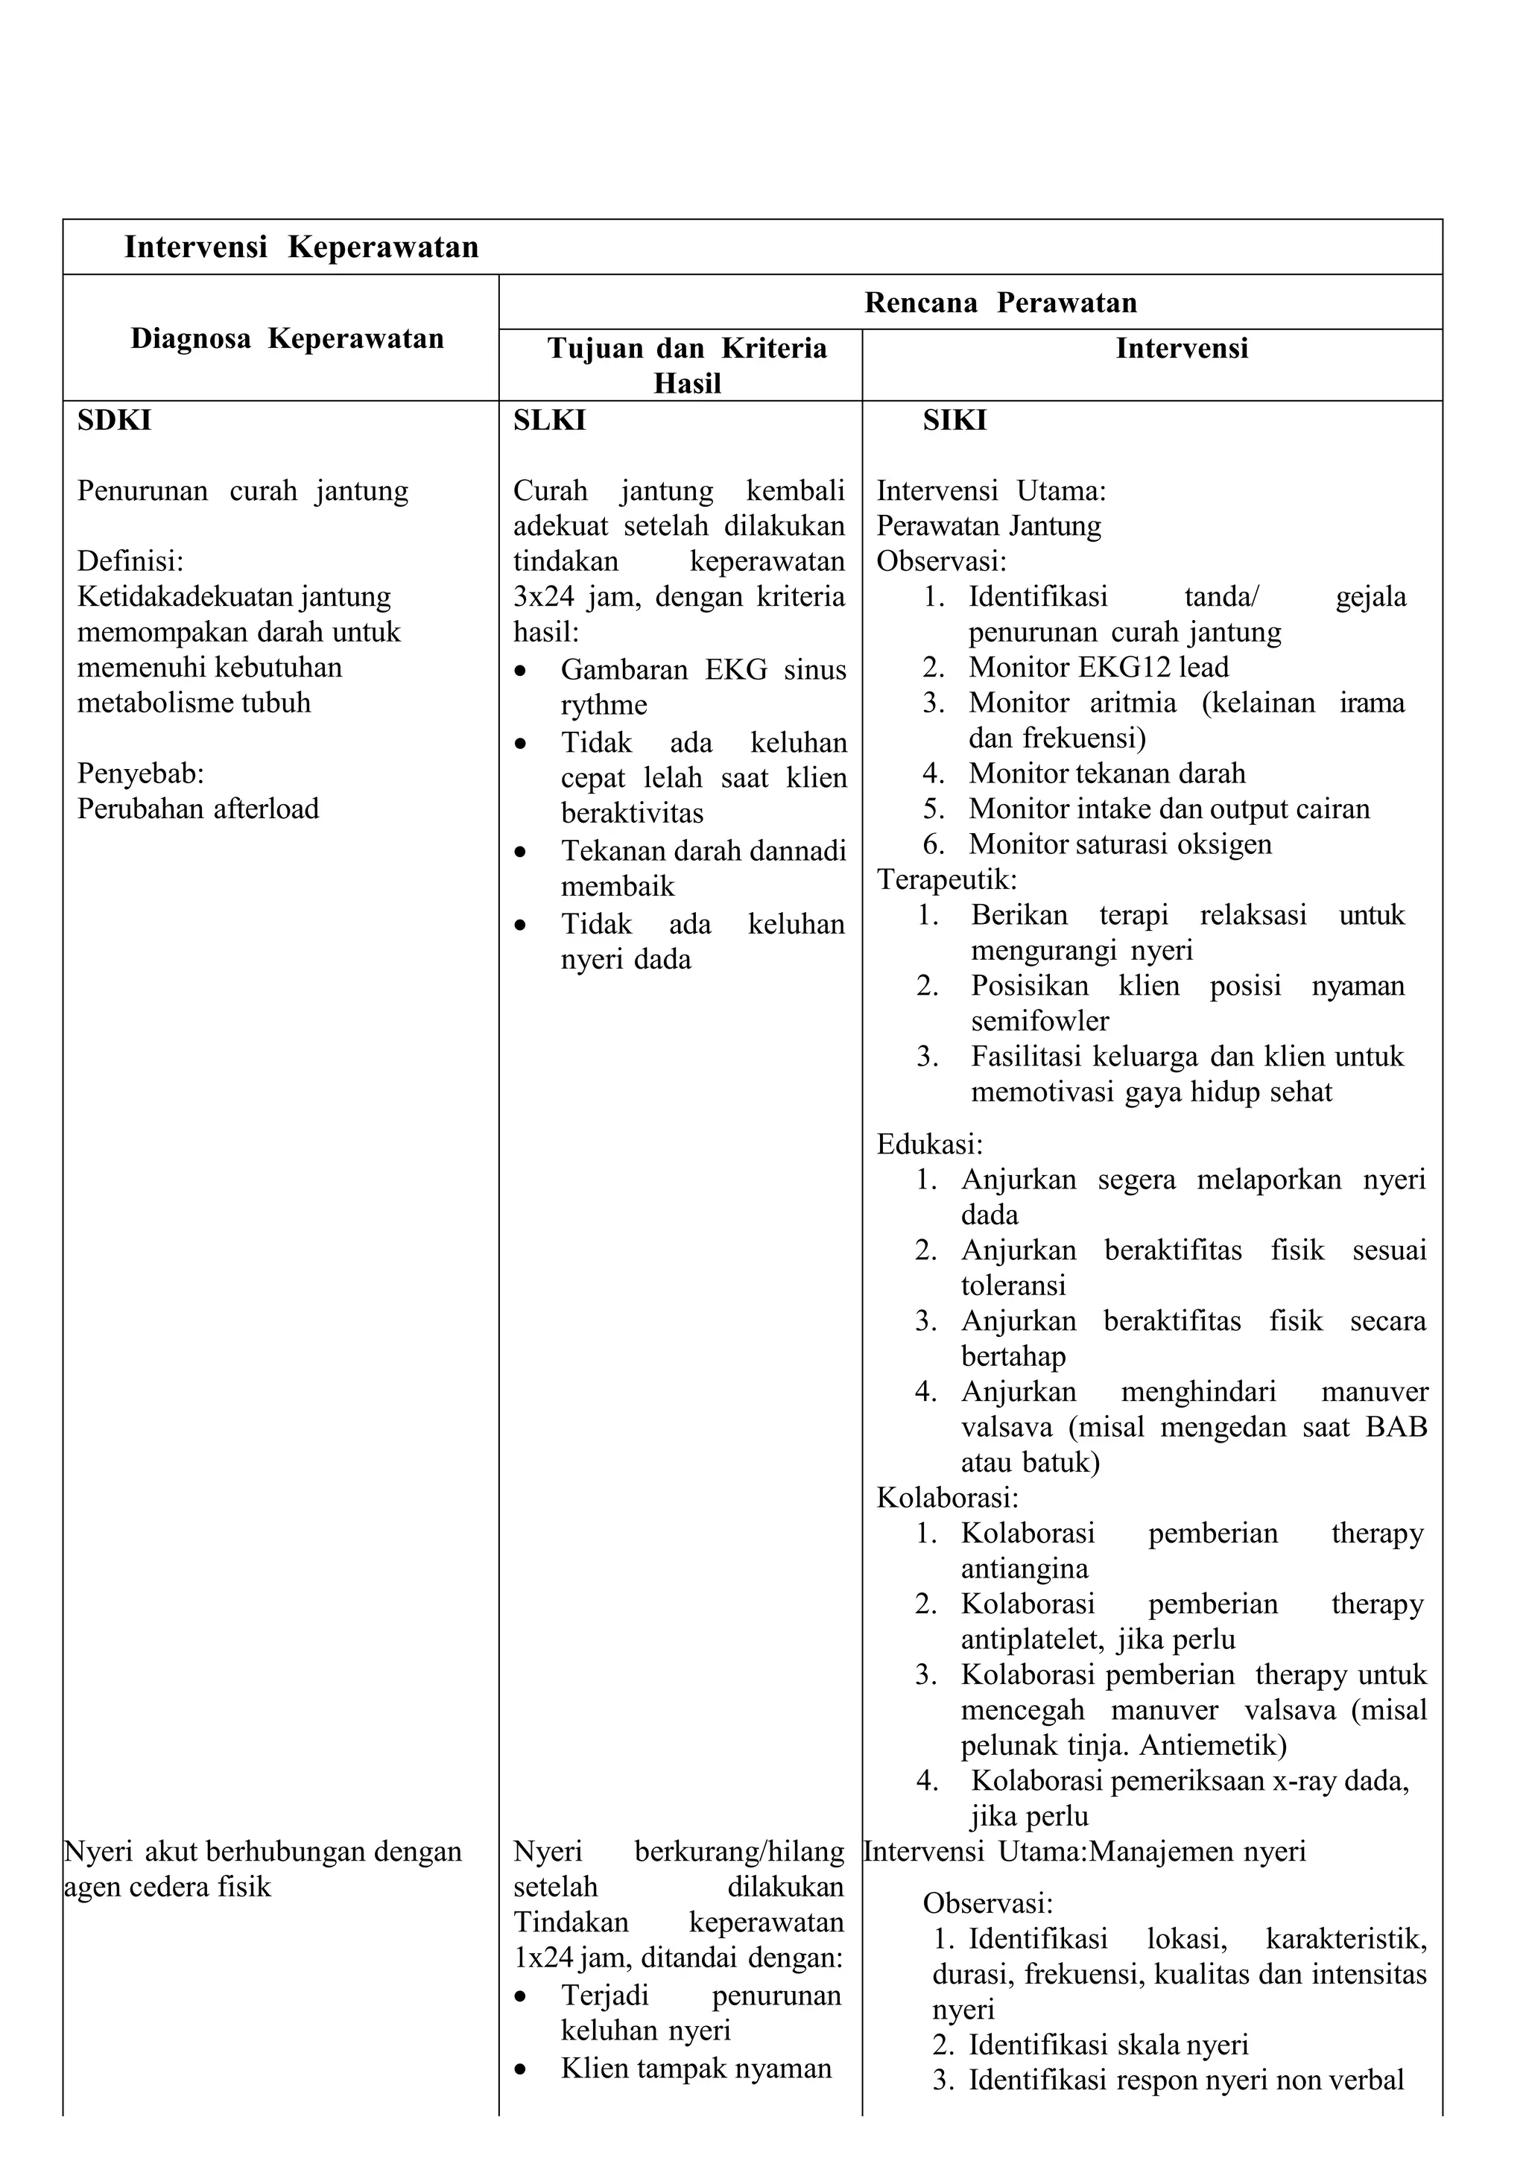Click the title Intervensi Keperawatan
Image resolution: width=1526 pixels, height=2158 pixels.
[x=301, y=247]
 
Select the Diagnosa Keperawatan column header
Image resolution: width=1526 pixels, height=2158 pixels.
[x=287, y=338]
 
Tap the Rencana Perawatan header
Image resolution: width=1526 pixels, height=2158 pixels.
[x=1000, y=303]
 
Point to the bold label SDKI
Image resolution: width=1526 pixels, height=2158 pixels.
[x=114, y=420]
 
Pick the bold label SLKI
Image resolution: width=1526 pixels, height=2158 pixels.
[x=548, y=420]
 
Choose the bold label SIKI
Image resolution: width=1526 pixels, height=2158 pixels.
[x=954, y=420]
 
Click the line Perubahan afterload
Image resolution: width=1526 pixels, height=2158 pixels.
[x=197, y=809]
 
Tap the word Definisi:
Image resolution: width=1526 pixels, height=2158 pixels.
[x=130, y=561]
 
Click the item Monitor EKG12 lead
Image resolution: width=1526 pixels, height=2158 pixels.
[x=1098, y=668]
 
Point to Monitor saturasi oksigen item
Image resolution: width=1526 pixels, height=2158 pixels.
[x=1119, y=844]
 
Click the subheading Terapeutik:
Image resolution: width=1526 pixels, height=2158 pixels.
[x=946, y=880]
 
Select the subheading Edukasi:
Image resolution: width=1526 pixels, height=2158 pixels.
[x=928, y=1144]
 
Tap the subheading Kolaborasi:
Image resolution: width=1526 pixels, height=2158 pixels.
[x=946, y=1497]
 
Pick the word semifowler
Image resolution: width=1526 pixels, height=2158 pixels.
[x=1039, y=1021]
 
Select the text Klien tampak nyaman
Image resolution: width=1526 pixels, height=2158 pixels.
[x=695, y=2068]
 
